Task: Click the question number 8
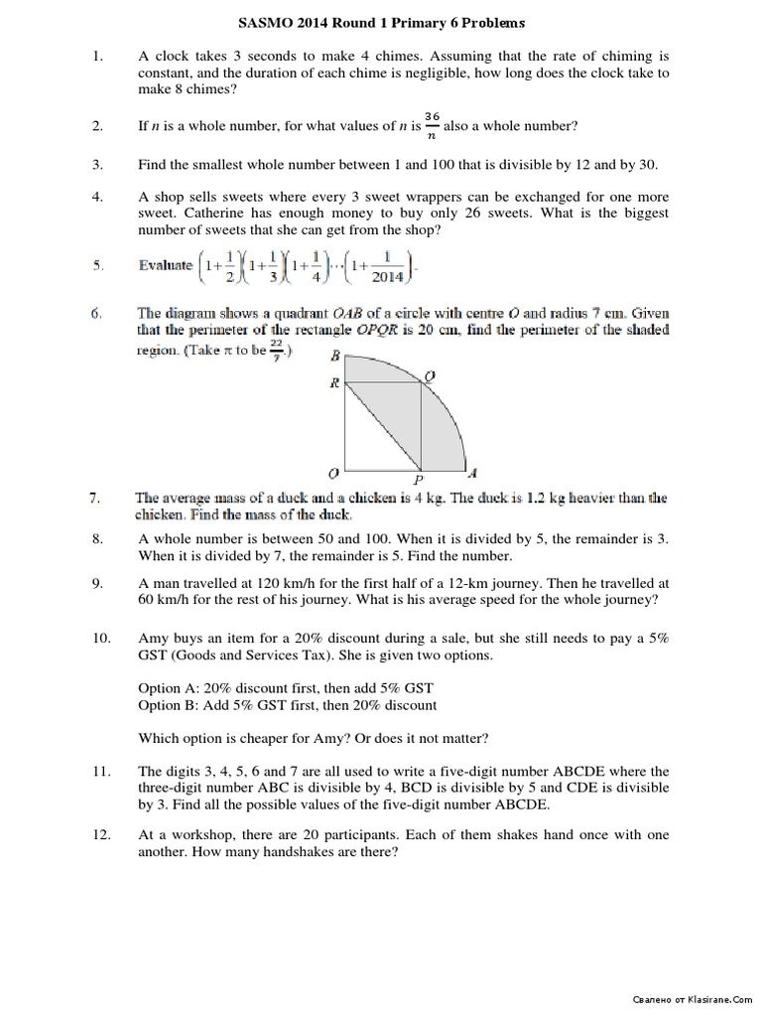click(97, 538)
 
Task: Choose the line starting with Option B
click(287, 705)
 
